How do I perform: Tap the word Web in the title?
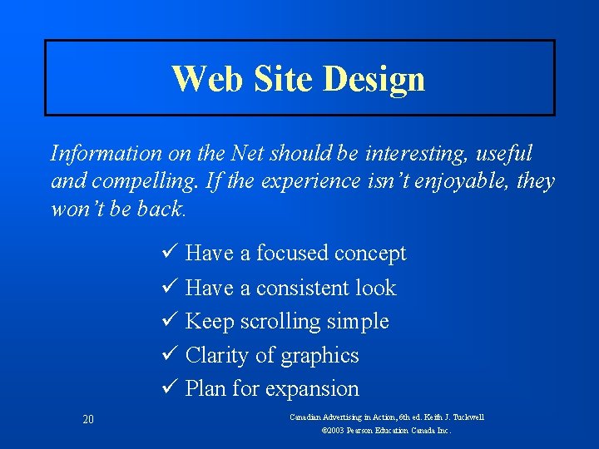200,79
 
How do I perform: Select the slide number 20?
88,419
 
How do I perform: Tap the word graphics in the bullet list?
319,356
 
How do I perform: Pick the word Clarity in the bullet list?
217,355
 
